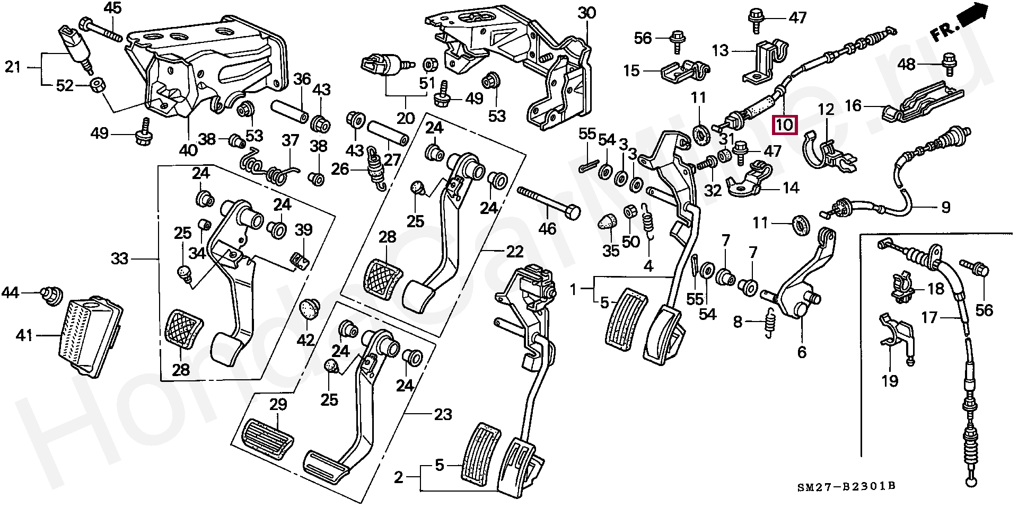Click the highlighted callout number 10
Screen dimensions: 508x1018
coord(784,125)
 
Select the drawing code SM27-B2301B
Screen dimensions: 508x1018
coord(846,486)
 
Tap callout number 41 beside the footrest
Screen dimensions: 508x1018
coord(24,335)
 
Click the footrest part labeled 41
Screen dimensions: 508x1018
coord(90,336)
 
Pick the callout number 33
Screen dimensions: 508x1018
coord(119,259)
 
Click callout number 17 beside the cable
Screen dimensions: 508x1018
coord(929,317)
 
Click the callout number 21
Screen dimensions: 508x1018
coord(13,67)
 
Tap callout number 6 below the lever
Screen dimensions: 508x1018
coord(802,352)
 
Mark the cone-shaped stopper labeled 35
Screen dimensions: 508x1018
coord(608,221)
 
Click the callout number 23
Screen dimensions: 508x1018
coord(443,414)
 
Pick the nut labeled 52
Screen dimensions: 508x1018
coord(97,85)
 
